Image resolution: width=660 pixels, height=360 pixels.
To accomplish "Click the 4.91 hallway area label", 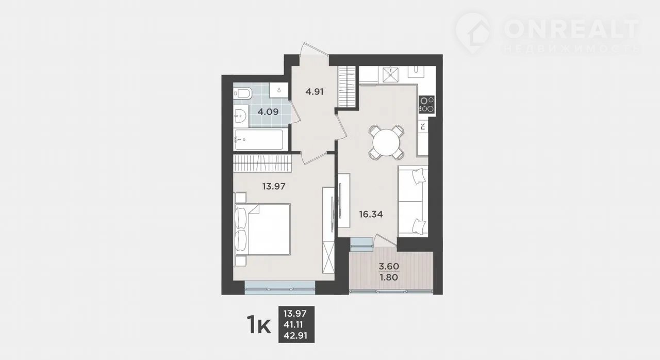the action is (x=315, y=92).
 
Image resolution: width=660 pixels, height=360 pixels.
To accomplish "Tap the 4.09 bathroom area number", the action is (x=268, y=112).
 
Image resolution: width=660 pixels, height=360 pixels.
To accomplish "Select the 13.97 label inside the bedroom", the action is (x=274, y=186).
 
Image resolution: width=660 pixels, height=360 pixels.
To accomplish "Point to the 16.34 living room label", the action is (x=371, y=214).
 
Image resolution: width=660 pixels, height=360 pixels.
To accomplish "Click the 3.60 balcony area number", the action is (x=389, y=266).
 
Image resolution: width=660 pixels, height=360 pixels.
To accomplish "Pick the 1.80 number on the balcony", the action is (x=389, y=277).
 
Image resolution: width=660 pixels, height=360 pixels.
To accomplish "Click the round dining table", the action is (x=386, y=142).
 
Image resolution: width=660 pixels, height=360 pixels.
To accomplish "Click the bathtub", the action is (x=258, y=140).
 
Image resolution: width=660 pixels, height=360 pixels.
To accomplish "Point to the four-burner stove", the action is (x=426, y=105).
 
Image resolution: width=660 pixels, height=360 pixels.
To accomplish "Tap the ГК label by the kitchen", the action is (x=423, y=126).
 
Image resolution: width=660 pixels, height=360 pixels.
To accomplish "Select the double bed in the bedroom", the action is (x=262, y=229).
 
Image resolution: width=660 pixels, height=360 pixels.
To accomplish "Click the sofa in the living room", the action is (x=413, y=201).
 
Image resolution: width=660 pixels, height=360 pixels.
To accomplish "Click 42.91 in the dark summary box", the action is (x=295, y=336).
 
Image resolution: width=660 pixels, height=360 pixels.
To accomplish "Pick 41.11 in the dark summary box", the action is (x=293, y=324).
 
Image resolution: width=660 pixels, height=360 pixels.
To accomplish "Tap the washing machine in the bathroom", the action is (x=279, y=90).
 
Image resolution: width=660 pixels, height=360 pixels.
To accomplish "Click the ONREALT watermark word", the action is (x=572, y=29).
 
